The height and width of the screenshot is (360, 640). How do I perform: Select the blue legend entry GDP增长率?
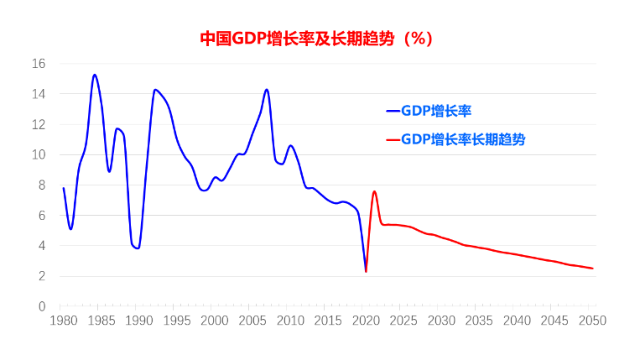pyautogui.click(x=440, y=110)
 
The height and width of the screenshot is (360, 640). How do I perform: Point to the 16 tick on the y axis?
pyautogui.click(x=39, y=64)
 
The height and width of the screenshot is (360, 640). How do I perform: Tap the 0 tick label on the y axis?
pyautogui.click(x=42, y=306)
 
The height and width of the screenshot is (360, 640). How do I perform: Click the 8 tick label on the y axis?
pyautogui.click(x=42, y=185)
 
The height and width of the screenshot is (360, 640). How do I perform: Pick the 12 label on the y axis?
pyautogui.click(x=39, y=124)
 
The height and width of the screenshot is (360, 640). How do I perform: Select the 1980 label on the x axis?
pyautogui.click(x=63, y=321)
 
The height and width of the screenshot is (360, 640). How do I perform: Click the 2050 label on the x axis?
pyautogui.click(x=593, y=321)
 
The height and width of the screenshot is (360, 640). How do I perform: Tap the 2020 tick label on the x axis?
pyautogui.click(x=366, y=321)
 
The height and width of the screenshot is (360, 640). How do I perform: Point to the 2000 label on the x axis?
pyautogui.click(x=215, y=321)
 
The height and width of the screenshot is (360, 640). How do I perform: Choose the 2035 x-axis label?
pyautogui.click(x=479, y=321)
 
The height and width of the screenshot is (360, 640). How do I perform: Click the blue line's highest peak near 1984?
pyautogui.click(x=94, y=75)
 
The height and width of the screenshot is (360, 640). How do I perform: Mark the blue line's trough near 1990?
pyautogui.click(x=138, y=248)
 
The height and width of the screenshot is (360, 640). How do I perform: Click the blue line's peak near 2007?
pyautogui.click(x=267, y=89)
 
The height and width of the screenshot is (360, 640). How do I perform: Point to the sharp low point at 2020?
pyautogui.click(x=366, y=271)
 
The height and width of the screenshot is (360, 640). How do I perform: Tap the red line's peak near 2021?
pyautogui.click(x=374, y=191)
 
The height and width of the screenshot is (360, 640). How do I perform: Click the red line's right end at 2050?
pyautogui.click(x=593, y=269)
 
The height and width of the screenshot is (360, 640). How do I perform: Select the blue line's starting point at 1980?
pyautogui.click(x=63, y=188)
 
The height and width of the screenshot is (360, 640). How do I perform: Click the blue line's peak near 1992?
pyautogui.click(x=154, y=90)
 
